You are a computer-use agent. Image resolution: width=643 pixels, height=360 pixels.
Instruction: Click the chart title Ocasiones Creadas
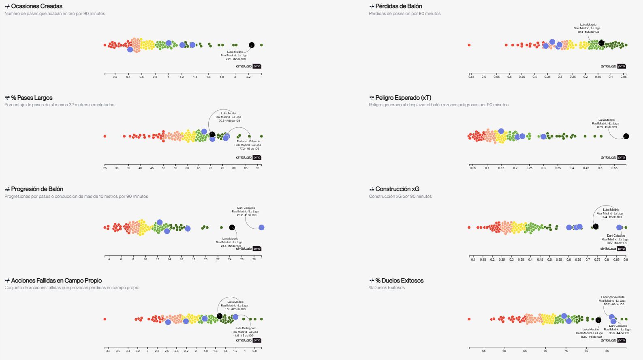(36, 6)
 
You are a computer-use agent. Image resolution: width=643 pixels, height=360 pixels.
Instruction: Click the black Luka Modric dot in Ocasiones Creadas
(252, 45)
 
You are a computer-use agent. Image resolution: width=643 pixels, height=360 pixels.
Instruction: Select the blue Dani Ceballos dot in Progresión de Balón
(261, 227)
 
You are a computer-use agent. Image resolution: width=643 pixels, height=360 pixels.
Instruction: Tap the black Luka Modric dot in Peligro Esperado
(626, 136)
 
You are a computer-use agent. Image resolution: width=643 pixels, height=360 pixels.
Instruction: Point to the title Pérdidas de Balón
(398, 6)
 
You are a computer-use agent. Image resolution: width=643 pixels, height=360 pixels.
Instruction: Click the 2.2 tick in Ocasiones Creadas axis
(248, 77)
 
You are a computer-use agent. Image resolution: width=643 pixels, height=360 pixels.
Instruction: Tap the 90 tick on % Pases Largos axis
(258, 168)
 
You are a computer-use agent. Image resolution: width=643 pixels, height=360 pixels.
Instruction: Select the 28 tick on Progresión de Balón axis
(254, 259)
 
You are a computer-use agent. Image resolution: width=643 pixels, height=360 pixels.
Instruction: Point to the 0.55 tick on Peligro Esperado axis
(614, 168)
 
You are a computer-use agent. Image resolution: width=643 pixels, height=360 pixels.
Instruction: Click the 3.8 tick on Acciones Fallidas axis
(108, 351)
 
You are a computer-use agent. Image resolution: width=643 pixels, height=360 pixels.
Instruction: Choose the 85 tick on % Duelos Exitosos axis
(607, 351)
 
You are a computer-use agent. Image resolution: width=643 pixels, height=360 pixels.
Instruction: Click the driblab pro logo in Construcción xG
(613, 249)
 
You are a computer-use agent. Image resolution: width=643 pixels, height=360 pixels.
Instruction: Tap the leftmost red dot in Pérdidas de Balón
(469, 45)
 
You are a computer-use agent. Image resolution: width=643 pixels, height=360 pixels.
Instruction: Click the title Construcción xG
(397, 189)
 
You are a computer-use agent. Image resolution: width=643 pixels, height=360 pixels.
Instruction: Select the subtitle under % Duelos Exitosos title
(387, 287)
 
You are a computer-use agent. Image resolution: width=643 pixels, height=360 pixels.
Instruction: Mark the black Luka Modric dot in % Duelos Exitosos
(598, 320)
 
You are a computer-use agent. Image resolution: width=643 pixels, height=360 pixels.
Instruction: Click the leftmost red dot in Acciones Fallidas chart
(105, 319)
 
